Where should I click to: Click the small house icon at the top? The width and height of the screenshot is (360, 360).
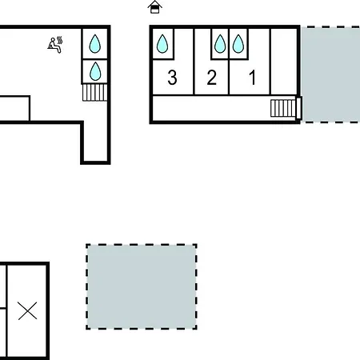(155, 7)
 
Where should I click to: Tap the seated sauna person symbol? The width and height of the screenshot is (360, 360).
(55, 45)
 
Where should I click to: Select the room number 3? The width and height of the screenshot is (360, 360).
(172, 78)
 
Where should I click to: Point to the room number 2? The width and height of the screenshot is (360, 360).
(212, 78)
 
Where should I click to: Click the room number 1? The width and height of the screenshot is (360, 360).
(253, 78)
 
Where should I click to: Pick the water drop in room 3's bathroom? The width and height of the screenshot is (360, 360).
(162, 43)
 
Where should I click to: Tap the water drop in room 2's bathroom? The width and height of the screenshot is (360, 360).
(220, 43)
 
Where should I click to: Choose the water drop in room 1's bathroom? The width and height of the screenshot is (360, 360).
(238, 43)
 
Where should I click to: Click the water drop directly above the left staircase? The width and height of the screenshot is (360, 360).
(95, 71)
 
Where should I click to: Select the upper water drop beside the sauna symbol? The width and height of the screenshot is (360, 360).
(95, 44)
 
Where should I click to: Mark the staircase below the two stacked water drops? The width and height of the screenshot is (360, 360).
(95, 93)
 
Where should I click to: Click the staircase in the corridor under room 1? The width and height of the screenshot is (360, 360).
(283, 108)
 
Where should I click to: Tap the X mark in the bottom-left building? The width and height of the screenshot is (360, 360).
(27, 310)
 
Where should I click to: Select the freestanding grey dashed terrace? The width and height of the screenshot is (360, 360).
(142, 286)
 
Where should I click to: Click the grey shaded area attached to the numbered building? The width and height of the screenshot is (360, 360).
(330, 74)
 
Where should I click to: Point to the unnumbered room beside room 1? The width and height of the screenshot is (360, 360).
(284, 62)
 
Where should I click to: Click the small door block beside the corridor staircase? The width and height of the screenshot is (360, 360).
(298, 108)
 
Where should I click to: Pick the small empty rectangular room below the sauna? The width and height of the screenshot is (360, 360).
(14, 108)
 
